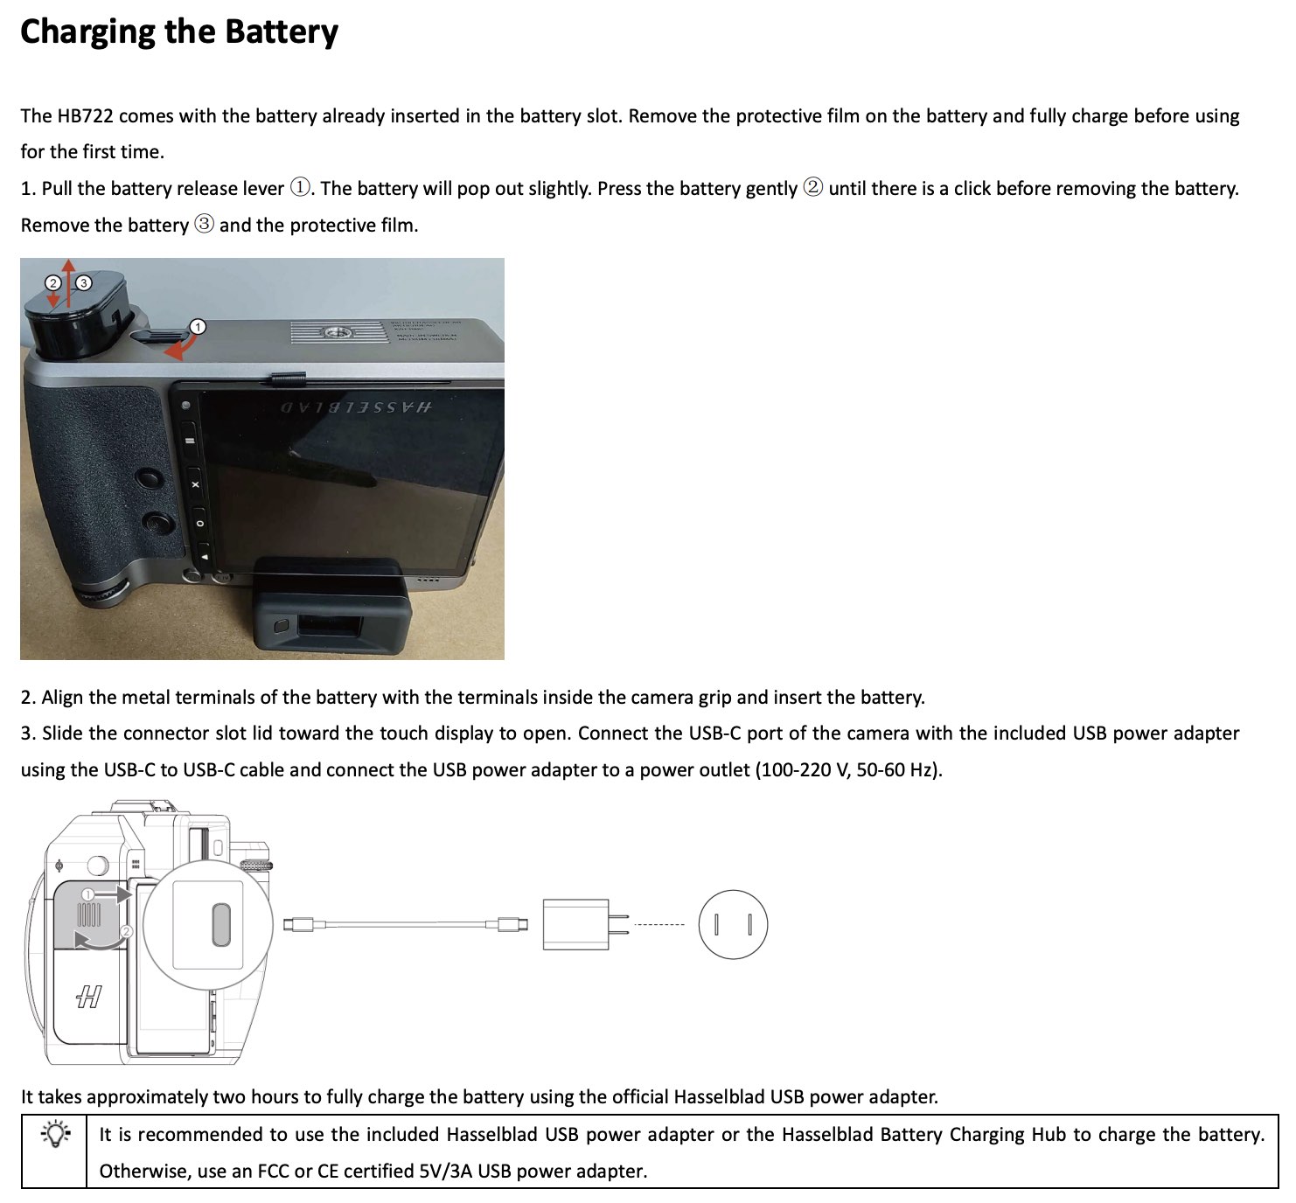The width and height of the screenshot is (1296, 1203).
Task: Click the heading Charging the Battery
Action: [x=179, y=32]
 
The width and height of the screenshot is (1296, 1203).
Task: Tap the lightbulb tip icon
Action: [x=55, y=1135]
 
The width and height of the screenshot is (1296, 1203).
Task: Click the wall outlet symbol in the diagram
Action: [x=733, y=924]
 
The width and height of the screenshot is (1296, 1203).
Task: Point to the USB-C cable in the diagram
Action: [x=406, y=924]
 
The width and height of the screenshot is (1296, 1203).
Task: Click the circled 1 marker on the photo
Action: [x=197, y=326]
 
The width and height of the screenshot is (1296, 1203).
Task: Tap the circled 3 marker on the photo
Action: [x=84, y=283]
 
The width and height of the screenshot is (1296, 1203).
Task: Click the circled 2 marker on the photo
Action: [x=52, y=283]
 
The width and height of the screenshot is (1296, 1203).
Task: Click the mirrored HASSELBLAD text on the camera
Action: [x=356, y=407]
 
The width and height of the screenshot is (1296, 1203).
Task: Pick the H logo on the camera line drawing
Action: [x=88, y=997]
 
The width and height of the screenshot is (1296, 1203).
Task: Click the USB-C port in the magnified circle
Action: [x=221, y=924]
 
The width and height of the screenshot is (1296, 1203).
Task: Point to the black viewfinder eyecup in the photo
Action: [x=333, y=604]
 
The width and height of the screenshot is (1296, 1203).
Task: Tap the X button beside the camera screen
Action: [x=195, y=484]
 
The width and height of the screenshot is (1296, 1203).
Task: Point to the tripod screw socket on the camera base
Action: [x=338, y=333]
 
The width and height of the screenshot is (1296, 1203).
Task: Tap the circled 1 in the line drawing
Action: [x=89, y=894]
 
